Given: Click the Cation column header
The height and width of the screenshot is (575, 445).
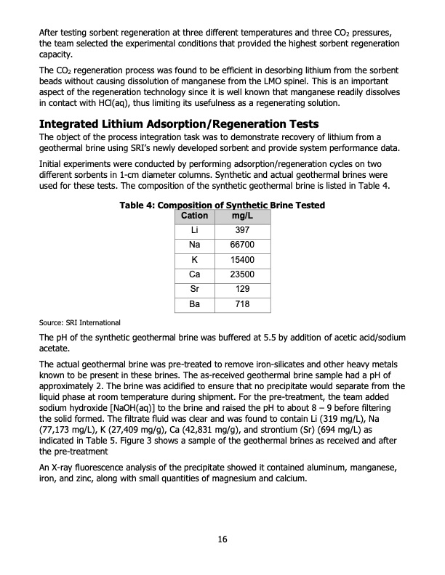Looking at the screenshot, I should [194, 216].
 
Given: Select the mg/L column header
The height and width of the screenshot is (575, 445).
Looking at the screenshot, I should [238, 216].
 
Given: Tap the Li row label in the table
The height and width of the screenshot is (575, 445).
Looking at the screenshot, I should [194, 231].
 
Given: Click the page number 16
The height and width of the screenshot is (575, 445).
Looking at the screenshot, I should [222, 539].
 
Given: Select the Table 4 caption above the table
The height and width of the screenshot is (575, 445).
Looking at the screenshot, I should [222, 206].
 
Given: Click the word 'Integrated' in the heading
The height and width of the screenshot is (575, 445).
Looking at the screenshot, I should [72, 124].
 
